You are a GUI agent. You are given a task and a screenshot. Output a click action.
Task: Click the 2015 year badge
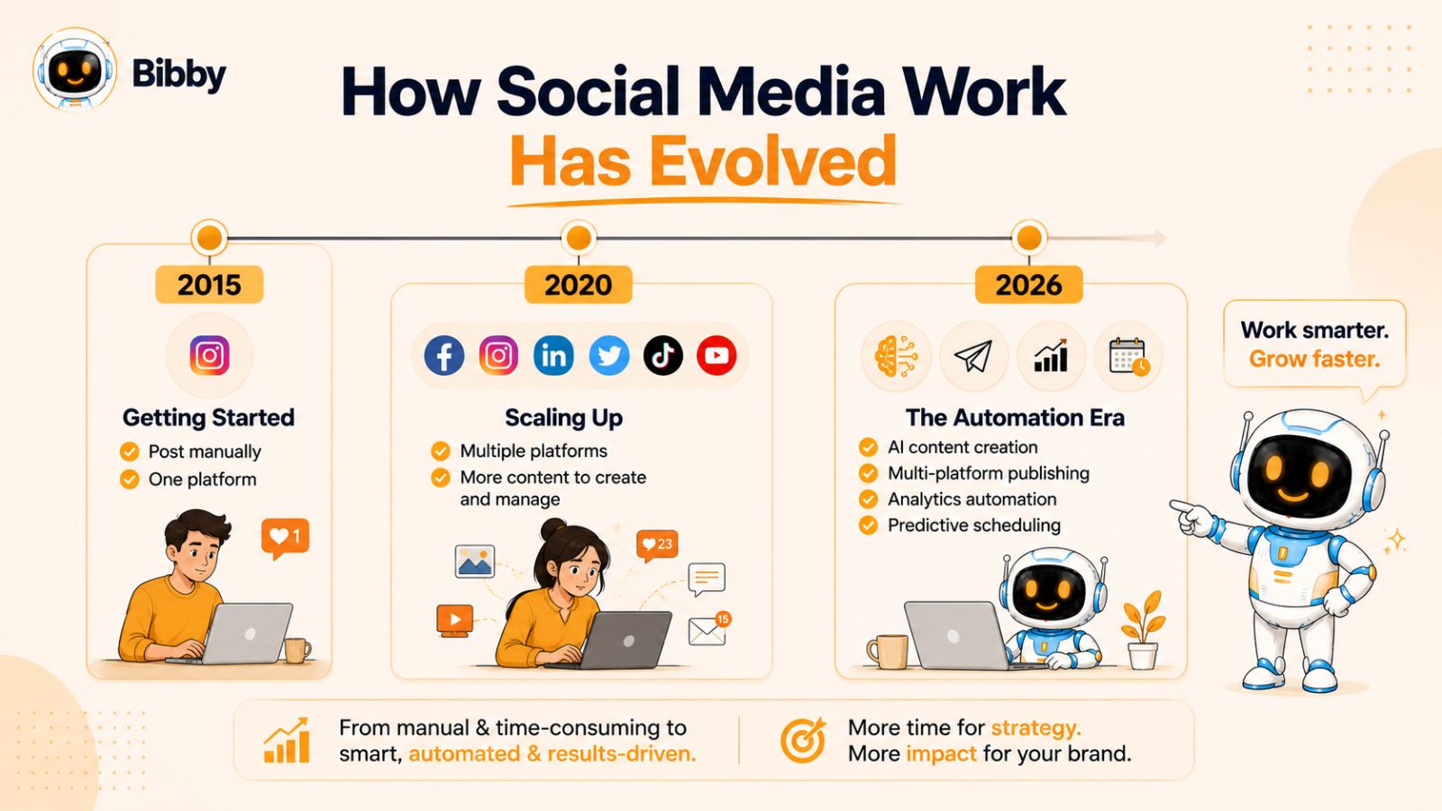pyautogui.click(x=209, y=285)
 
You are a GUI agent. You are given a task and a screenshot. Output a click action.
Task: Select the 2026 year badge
pyautogui.click(x=1028, y=285)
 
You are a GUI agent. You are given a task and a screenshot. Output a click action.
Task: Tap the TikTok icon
pyautogui.click(x=663, y=355)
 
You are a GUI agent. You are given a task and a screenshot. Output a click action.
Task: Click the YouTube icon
pyautogui.click(x=716, y=355)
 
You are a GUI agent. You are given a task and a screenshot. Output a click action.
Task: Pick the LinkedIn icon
pyautogui.click(x=553, y=355)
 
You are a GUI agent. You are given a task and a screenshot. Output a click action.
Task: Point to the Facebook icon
pyautogui.click(x=444, y=355)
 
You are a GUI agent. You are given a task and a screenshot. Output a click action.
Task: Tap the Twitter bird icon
pyautogui.click(x=609, y=355)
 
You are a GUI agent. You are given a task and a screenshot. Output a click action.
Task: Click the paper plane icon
pyautogui.click(x=973, y=356)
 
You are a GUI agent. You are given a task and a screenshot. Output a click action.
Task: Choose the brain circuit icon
pyautogui.click(x=896, y=356)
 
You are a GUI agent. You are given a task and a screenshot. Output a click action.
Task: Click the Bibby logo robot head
pyautogui.click(x=75, y=68)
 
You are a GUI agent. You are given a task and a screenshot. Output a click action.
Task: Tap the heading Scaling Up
pyautogui.click(x=564, y=418)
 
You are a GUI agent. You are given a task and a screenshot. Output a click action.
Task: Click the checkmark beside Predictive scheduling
pyautogui.click(x=868, y=525)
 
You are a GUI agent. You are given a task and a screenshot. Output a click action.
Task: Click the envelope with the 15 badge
pyautogui.click(x=709, y=629)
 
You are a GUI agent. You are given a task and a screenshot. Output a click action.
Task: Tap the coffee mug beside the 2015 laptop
pyautogui.click(x=297, y=650)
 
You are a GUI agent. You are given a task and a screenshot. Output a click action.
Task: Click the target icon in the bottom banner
pyautogui.click(x=803, y=740)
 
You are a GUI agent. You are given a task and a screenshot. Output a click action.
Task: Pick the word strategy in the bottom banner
pyautogui.click(x=1036, y=728)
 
